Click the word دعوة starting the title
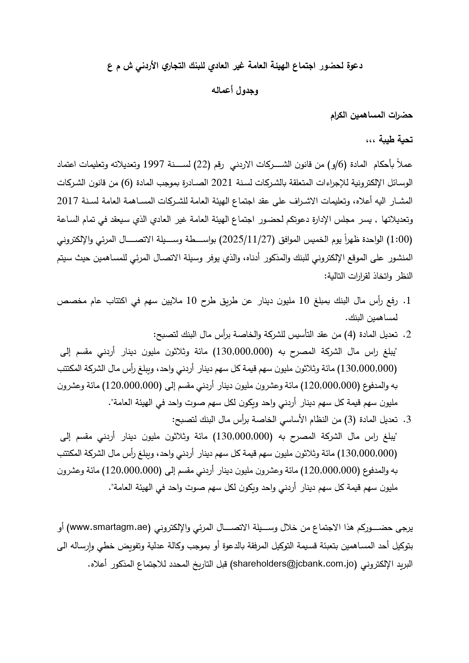354,66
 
